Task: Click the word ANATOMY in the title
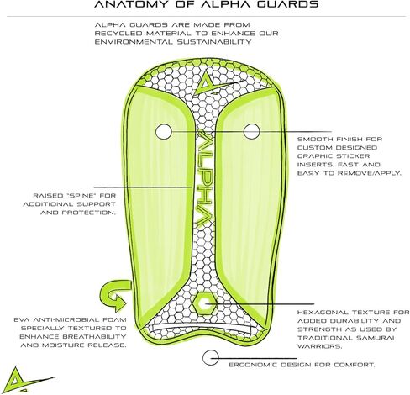[131, 4]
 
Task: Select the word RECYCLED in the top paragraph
[118, 33]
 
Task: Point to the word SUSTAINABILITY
[214, 42]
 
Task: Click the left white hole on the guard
[164, 131]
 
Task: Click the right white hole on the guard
[252, 131]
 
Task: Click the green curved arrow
[115, 297]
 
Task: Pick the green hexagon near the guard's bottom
[205, 303]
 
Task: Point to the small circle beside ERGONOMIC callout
[210, 357]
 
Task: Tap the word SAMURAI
[371, 338]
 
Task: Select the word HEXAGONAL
[323, 312]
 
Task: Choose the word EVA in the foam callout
[22, 319]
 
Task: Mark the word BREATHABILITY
[97, 336]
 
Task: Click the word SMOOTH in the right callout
[315, 139]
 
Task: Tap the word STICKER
[353, 156]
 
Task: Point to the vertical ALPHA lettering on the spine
[204, 178]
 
